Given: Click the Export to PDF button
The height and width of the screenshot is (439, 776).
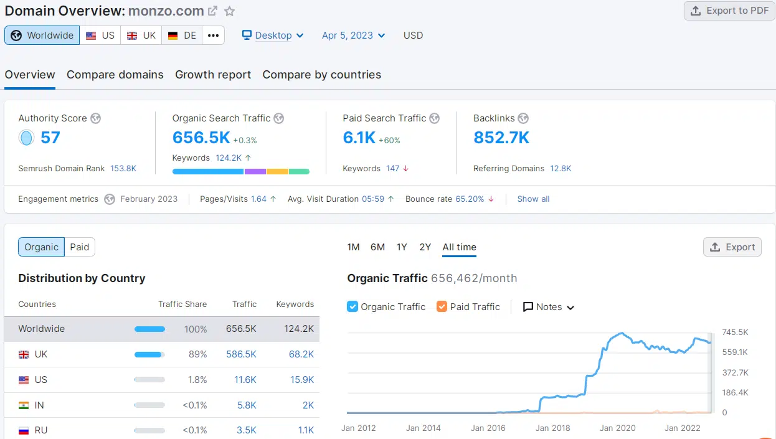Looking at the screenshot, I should (x=729, y=11).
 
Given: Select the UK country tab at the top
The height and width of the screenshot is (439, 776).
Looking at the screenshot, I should (x=141, y=35).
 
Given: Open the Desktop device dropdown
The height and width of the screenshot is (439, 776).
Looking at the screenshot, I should (x=273, y=35).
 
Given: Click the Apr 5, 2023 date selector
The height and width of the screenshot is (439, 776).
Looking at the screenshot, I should (x=353, y=35).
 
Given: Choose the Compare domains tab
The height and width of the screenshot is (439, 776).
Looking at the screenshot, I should (x=115, y=75).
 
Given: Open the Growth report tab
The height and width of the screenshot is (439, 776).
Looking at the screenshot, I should (x=213, y=75).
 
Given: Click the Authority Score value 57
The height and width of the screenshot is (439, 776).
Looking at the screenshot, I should (x=50, y=138).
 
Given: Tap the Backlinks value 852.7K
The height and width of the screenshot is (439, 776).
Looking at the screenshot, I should (x=501, y=138).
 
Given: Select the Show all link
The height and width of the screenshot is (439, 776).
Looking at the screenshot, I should (x=533, y=199).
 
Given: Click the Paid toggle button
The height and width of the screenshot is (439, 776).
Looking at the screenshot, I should (x=80, y=247).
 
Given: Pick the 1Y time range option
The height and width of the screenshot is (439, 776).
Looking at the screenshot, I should (x=402, y=247).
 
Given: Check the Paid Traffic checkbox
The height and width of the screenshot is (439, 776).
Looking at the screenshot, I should (x=442, y=307).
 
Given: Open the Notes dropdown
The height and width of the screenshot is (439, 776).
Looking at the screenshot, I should (x=549, y=307).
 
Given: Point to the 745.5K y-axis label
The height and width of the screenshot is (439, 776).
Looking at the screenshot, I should (x=735, y=333).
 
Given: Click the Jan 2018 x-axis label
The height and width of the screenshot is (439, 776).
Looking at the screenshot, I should (x=552, y=428).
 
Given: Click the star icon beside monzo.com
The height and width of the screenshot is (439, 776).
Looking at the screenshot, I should (x=230, y=11).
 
